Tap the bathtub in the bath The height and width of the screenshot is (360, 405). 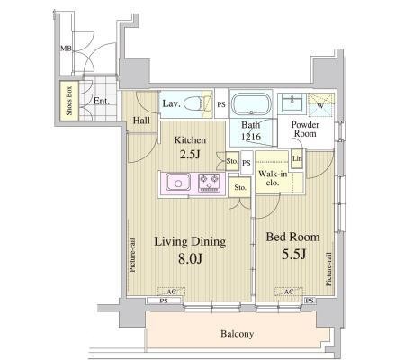(251, 103)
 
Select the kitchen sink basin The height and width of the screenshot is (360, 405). (178, 183)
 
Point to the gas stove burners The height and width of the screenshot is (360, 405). (209, 183)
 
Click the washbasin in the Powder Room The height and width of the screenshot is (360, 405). (292, 103)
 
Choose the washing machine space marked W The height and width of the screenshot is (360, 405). (320, 105)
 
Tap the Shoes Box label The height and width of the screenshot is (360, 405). (69, 101)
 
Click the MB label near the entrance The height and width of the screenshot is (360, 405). (67, 48)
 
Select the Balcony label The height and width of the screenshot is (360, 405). (237, 334)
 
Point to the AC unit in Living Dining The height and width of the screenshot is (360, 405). (171, 292)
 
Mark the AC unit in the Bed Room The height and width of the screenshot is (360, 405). (289, 292)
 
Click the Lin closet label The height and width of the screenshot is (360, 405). (297, 158)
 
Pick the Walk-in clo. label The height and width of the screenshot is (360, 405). (273, 178)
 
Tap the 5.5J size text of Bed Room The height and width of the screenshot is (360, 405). (293, 255)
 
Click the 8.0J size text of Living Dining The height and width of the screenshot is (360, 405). (190, 258)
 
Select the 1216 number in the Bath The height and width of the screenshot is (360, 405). (251, 137)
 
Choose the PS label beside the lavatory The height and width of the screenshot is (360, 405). (221, 104)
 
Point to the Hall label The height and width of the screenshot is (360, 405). (141, 121)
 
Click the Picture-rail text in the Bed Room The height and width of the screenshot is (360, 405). (328, 269)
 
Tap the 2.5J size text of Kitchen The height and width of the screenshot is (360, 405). (190, 154)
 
